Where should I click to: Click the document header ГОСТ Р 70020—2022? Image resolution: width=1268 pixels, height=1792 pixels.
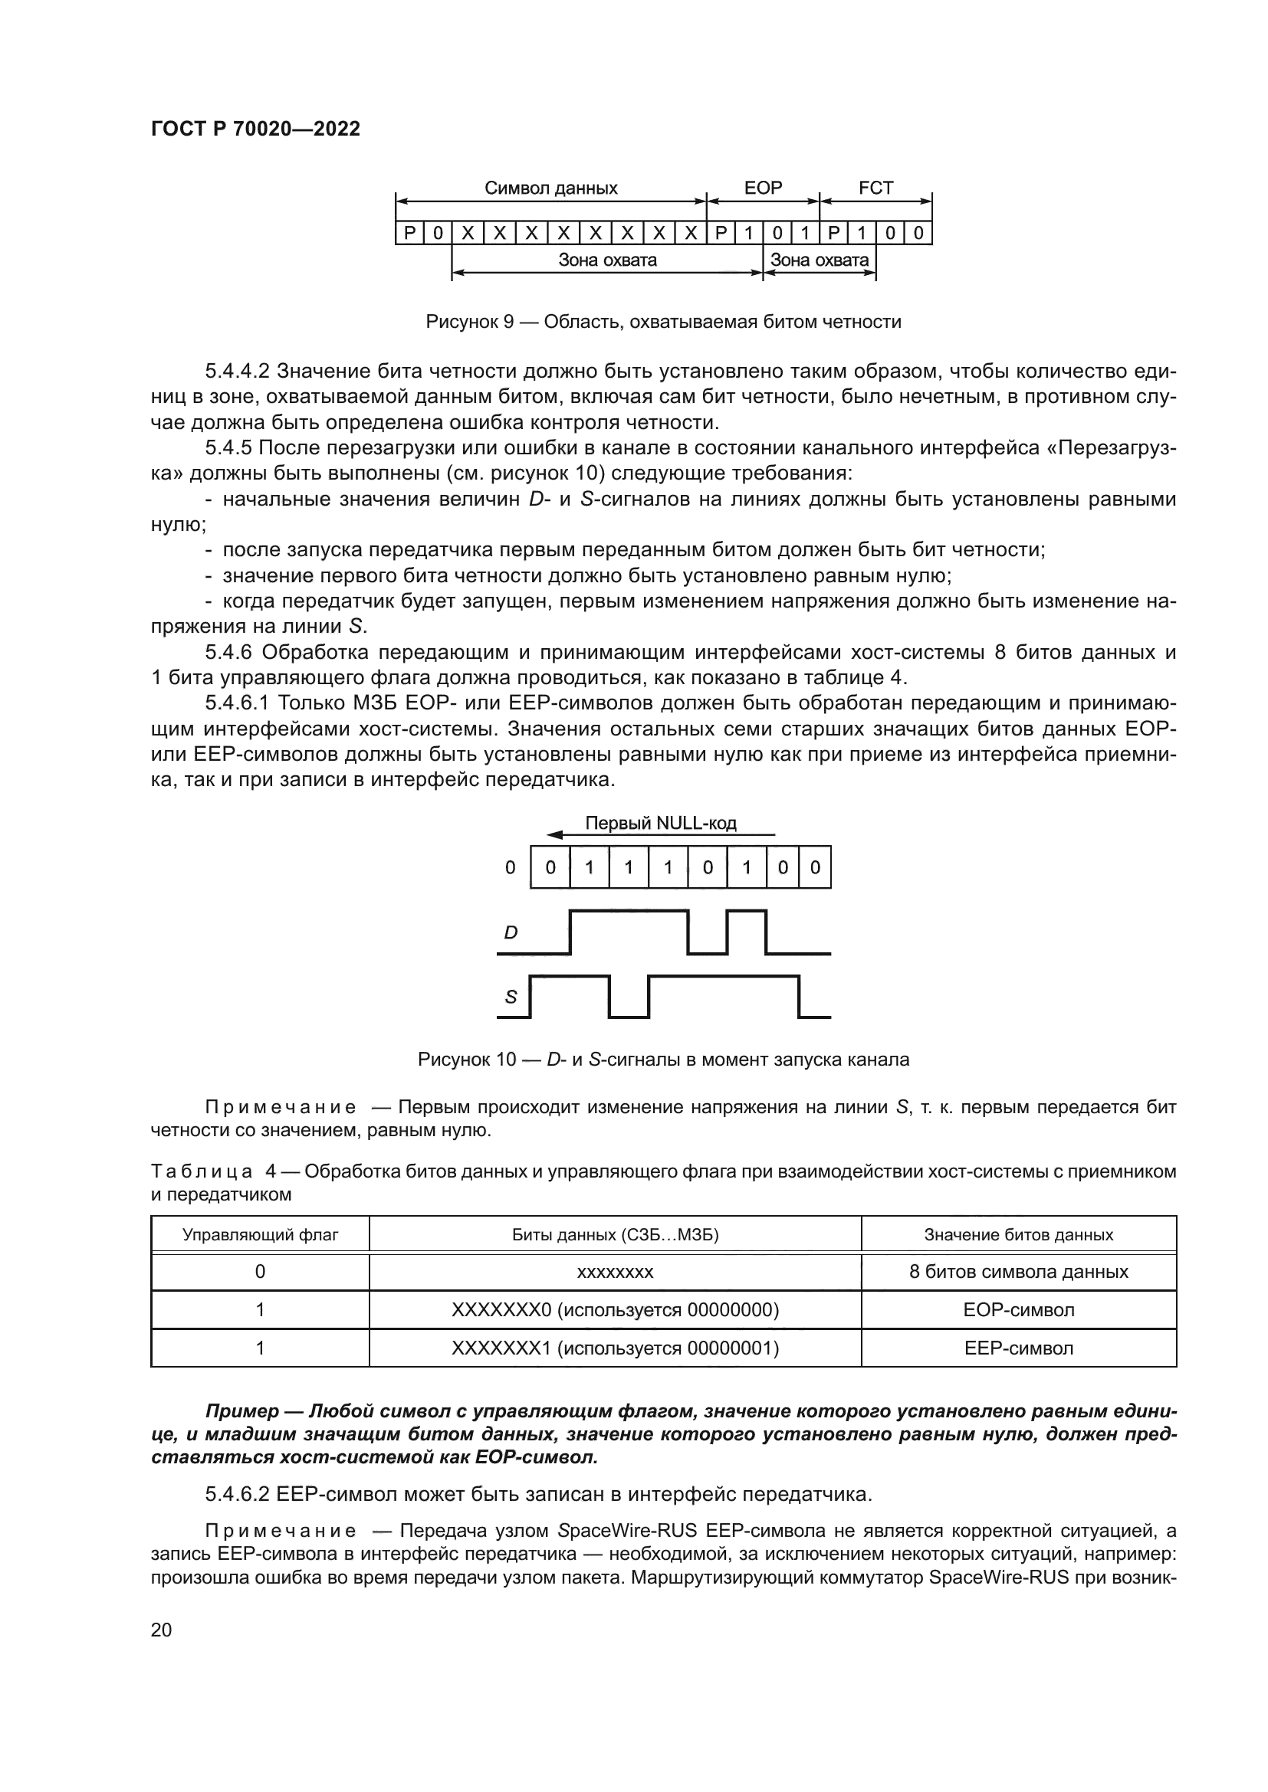[x=255, y=129]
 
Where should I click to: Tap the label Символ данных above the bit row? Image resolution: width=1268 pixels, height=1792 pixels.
[x=550, y=188]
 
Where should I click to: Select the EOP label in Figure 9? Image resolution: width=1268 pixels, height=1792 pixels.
[x=763, y=188]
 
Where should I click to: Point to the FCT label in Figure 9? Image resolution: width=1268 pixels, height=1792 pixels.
[x=875, y=188]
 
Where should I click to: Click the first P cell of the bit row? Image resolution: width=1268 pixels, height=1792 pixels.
[x=409, y=234]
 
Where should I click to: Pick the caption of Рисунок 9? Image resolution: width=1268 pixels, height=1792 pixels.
[x=663, y=322]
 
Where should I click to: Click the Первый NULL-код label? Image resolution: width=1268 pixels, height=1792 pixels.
[x=661, y=823]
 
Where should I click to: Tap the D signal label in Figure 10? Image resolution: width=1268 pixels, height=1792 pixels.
[x=511, y=932]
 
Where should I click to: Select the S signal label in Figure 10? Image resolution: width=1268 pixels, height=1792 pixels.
[x=511, y=997]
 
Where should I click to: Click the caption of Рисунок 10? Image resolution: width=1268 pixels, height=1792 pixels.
[x=663, y=1059]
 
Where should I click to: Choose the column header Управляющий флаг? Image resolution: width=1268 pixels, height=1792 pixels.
[x=260, y=1235]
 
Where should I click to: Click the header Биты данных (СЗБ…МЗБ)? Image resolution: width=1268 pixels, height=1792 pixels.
[x=616, y=1235]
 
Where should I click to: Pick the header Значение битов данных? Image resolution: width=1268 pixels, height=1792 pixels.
[x=1018, y=1235]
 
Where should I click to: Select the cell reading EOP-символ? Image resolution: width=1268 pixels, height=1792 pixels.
[x=1018, y=1309]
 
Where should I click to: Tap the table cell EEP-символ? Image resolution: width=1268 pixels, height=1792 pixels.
[x=1018, y=1348]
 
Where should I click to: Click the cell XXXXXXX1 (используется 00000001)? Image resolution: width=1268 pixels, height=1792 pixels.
[x=616, y=1348]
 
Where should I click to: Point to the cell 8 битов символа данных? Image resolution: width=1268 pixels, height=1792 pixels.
[x=1018, y=1273]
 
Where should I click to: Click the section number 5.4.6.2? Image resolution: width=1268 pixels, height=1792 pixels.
[x=238, y=1494]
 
